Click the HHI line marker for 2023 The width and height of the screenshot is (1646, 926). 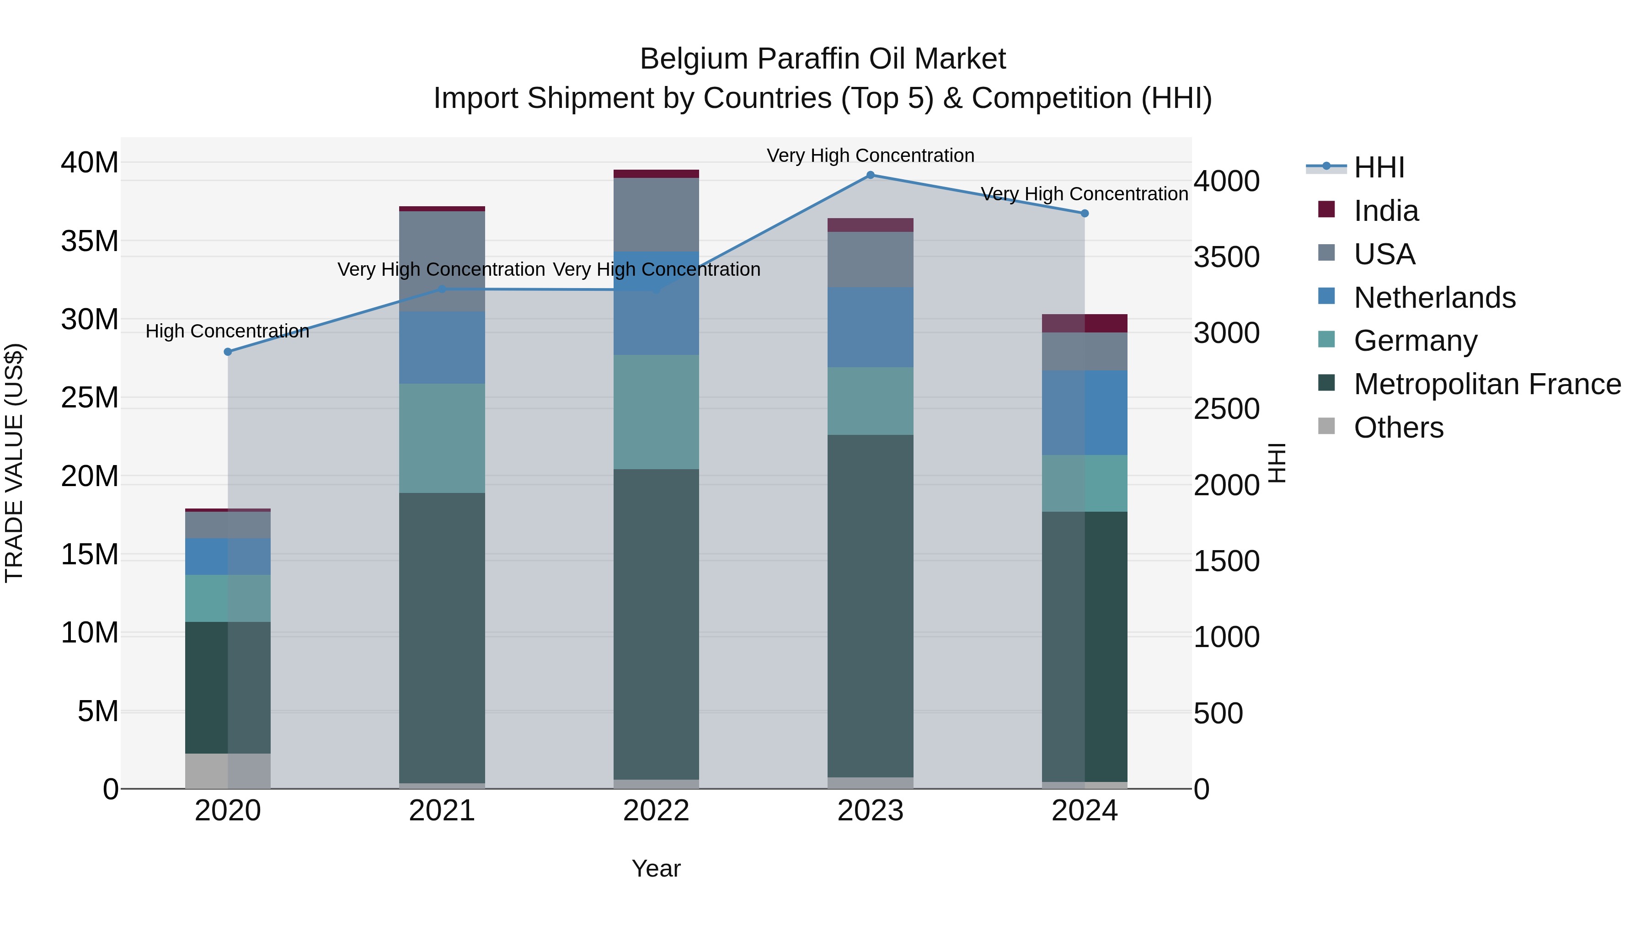click(870, 175)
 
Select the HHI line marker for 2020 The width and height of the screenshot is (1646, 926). click(228, 352)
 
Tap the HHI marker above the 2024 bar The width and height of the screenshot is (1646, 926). click(1085, 214)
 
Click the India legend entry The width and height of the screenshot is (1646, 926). click(1385, 211)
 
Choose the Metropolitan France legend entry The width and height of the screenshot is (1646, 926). click(1486, 384)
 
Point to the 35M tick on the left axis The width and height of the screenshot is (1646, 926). click(90, 241)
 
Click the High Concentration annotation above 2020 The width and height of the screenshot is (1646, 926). click(228, 331)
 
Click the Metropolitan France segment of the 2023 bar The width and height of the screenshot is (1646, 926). click(870, 606)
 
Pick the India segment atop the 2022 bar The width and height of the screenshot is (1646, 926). click(656, 174)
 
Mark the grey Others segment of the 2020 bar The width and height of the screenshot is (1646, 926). click(228, 771)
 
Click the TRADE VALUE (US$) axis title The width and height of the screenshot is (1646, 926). click(14, 463)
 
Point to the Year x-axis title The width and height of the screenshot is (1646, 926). click(656, 868)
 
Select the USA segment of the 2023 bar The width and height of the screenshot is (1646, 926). click(870, 259)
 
